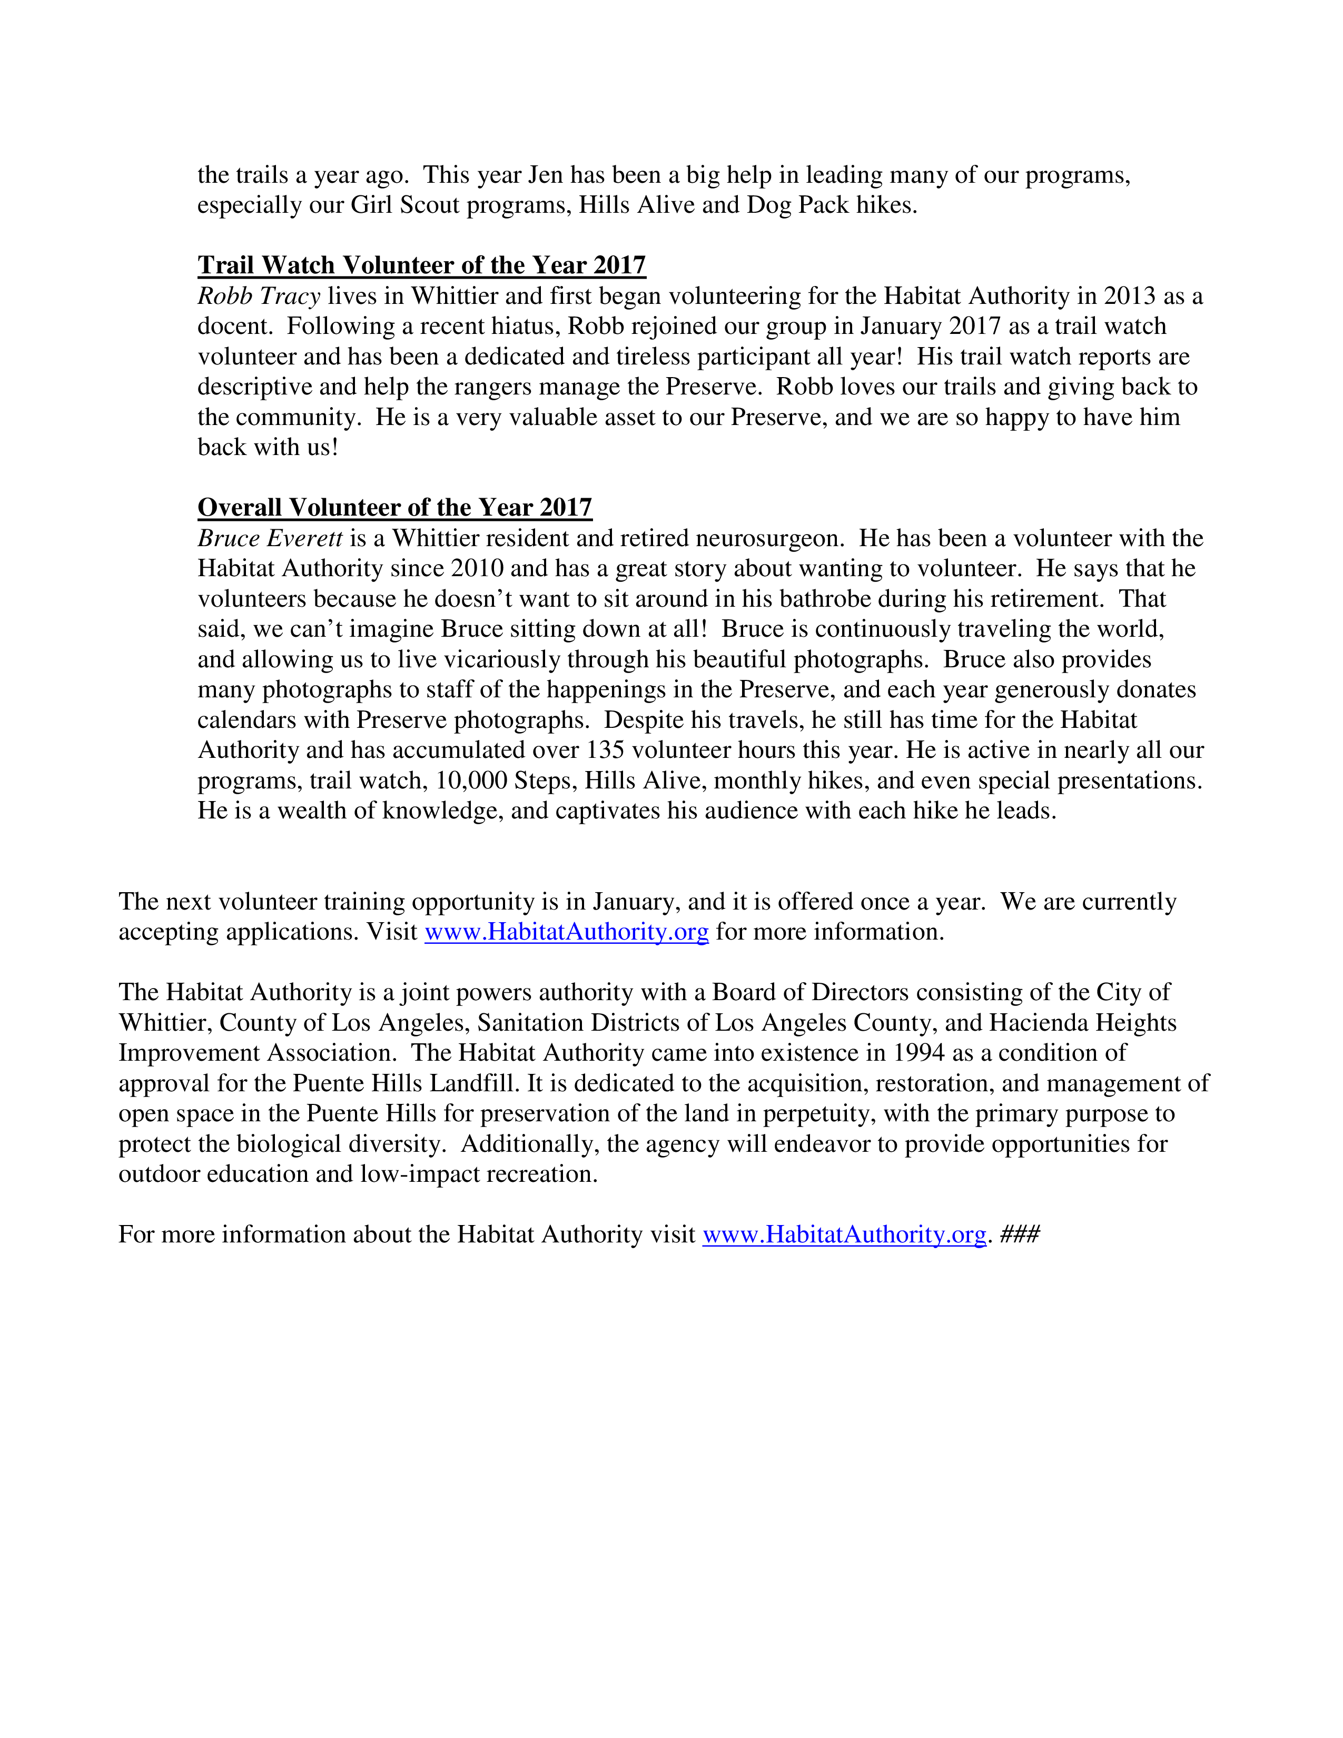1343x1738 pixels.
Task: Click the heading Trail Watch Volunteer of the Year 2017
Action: [422, 265]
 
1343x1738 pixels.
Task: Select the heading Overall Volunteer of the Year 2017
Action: [394, 508]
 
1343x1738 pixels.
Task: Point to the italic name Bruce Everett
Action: [270, 539]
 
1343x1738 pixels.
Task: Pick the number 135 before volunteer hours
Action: [605, 750]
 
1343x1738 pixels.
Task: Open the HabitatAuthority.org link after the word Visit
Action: [567, 932]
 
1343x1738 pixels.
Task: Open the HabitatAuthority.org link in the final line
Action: [844, 1235]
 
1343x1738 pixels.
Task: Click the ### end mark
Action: [1020, 1235]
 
